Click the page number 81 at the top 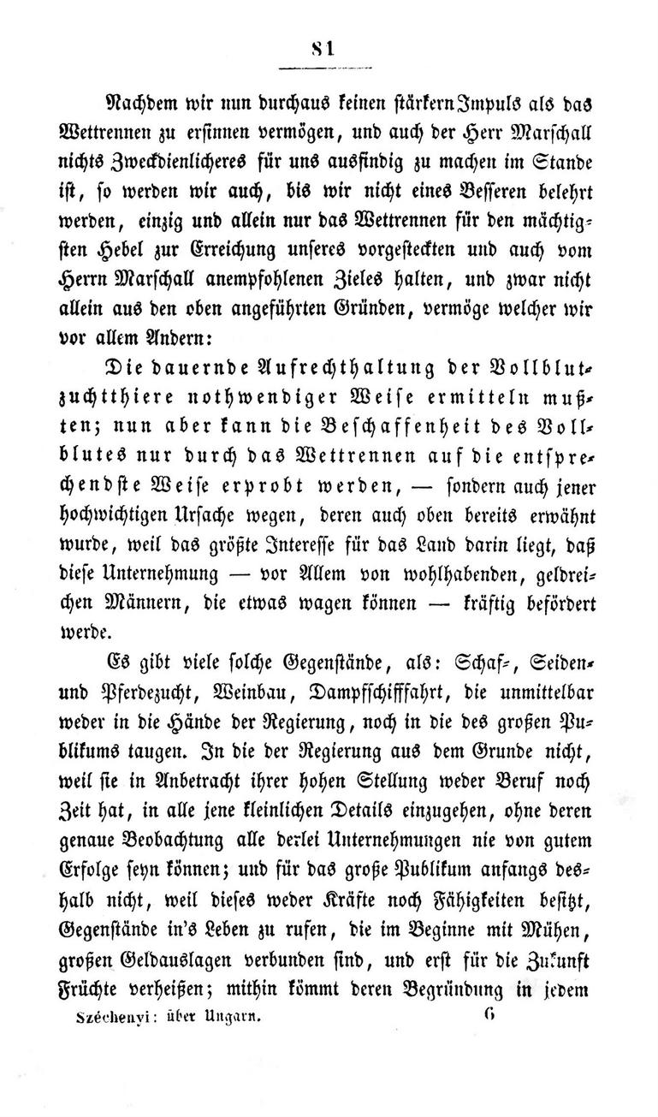[323, 51]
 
